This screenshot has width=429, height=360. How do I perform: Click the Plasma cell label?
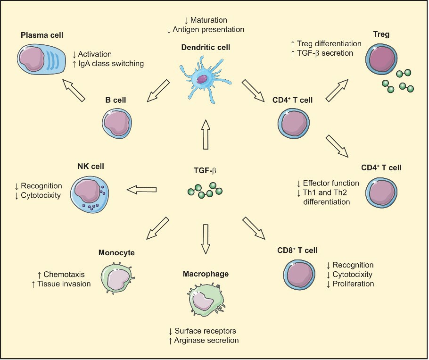(x=42, y=35)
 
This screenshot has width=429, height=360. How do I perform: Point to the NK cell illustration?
(x=90, y=191)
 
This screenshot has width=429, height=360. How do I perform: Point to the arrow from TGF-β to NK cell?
(x=141, y=190)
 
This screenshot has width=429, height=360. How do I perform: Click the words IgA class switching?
(x=110, y=63)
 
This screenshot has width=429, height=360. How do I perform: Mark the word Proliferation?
(x=353, y=284)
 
